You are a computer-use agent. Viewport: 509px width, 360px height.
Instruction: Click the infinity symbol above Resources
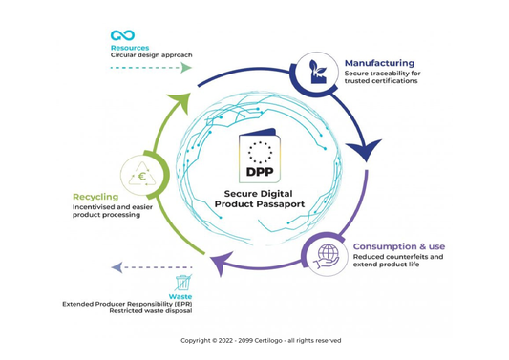[x=122, y=35]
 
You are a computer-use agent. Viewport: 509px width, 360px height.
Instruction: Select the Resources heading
[x=129, y=47]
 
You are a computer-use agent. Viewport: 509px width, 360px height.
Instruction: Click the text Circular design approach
[x=152, y=55]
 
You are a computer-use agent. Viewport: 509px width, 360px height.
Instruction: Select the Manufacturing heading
[x=379, y=63]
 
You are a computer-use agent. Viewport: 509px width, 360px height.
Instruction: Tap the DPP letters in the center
[x=260, y=172]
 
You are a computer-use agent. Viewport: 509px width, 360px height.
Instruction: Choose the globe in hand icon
[x=328, y=254]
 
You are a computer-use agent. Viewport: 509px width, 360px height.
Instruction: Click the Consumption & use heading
[x=398, y=246]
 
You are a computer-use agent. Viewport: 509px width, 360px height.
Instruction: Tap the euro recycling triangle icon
[x=141, y=176]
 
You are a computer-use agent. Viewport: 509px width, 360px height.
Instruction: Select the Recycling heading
[x=95, y=197]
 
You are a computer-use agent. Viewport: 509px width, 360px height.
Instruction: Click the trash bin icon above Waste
[x=182, y=283]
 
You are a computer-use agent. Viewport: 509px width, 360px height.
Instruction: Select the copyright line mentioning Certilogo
[x=260, y=340]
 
